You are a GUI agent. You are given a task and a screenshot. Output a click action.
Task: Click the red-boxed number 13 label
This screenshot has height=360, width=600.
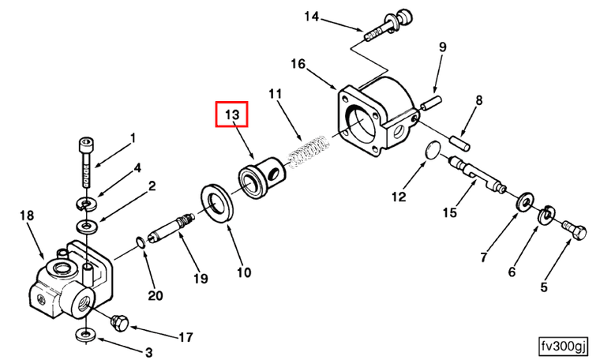tap(231, 114)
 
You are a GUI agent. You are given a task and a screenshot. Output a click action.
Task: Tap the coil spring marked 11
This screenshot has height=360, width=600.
tap(309, 152)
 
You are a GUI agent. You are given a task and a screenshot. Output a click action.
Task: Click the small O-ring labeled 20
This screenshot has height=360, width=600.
tap(141, 242)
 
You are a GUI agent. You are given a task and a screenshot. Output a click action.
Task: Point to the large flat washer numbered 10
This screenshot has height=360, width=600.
tap(217, 203)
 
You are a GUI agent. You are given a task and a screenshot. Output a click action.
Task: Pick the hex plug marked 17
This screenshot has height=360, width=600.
tap(119, 324)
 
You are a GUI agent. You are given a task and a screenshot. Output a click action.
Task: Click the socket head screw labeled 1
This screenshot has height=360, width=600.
tap(87, 162)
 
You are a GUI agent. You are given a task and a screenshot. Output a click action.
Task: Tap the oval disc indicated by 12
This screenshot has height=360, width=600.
tap(433, 149)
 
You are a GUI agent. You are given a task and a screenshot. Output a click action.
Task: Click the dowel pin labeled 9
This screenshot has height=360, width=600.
tap(431, 103)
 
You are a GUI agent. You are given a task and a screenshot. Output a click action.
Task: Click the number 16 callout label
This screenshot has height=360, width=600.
tap(298, 63)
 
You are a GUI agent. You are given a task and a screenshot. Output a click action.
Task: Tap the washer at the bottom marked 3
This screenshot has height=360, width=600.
tap(84, 334)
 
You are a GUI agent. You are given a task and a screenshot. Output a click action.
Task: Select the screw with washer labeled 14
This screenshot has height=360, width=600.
tap(388, 24)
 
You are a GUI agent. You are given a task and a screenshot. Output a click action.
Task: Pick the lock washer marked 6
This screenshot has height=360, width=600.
tap(546, 215)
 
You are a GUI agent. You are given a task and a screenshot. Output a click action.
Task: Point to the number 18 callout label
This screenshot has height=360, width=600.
tap(27, 216)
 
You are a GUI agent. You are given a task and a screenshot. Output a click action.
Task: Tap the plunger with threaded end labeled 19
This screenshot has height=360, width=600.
tap(172, 228)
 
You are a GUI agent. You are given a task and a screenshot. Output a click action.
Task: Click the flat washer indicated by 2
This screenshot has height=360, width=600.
tap(87, 226)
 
